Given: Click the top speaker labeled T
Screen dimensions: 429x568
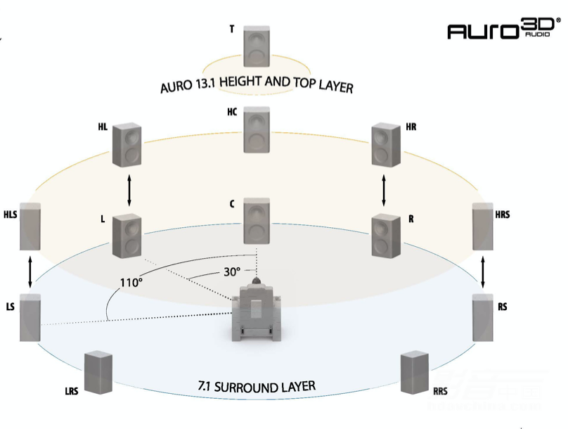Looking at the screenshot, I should pos(257,46).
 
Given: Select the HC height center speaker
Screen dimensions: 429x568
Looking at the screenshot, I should pos(257,130).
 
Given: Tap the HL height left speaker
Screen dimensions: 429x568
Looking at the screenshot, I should pos(127,146).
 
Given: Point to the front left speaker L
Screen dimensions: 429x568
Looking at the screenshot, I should pos(127,236).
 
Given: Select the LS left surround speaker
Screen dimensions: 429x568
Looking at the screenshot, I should pos(30,319).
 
